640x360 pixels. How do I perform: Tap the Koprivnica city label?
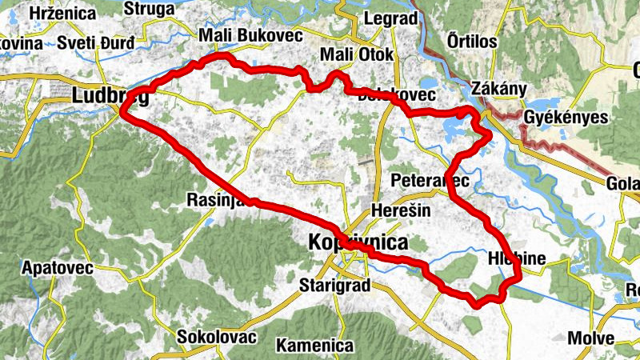pyautogui.click(x=358, y=242)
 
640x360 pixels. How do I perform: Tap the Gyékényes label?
pyautogui.click(x=566, y=118)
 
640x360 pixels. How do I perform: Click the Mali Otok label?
pyautogui.click(x=356, y=54)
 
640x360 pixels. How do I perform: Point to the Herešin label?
pyautogui.click(x=401, y=210)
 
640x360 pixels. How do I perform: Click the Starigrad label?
pyautogui.click(x=331, y=284)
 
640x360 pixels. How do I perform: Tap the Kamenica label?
pyautogui.click(x=314, y=346)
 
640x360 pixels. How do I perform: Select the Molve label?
pyautogui.click(x=590, y=338)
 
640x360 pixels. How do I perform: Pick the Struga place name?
pyautogui.click(x=149, y=10)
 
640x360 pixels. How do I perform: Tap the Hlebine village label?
pyautogui.click(x=516, y=258)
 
